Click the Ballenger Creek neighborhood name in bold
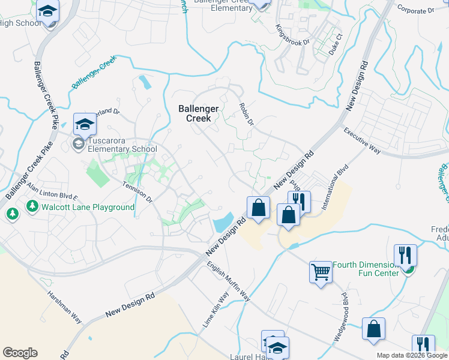(x=194, y=113)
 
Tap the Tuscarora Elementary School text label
(x=122, y=149)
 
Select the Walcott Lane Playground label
(x=88, y=207)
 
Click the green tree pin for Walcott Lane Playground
(x=12, y=213)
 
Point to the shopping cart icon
(x=321, y=272)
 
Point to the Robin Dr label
(x=246, y=113)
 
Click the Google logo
(x=20, y=353)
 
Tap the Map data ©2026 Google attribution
(x=412, y=355)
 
